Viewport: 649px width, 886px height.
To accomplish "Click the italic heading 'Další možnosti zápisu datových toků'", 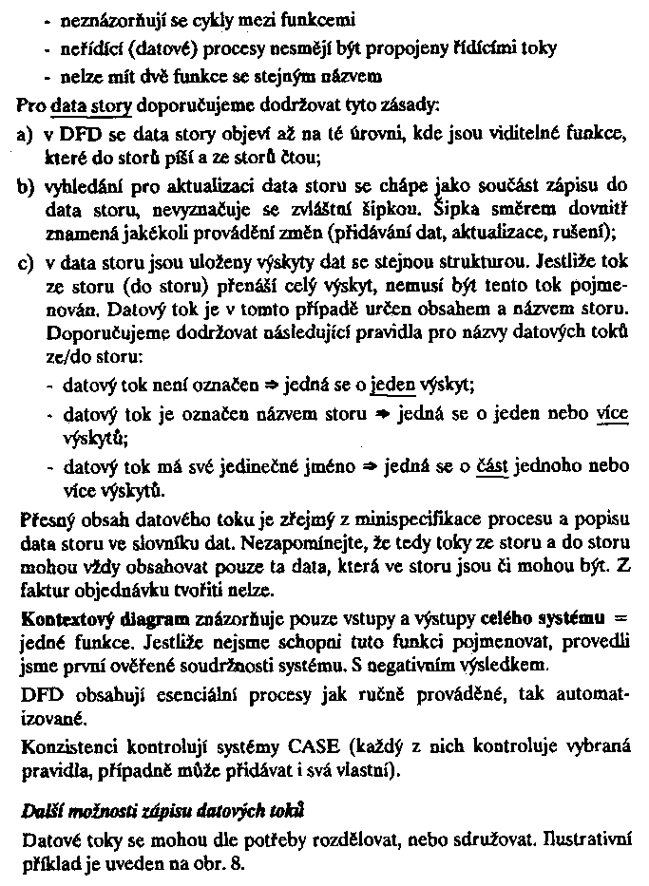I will point(152,816).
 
